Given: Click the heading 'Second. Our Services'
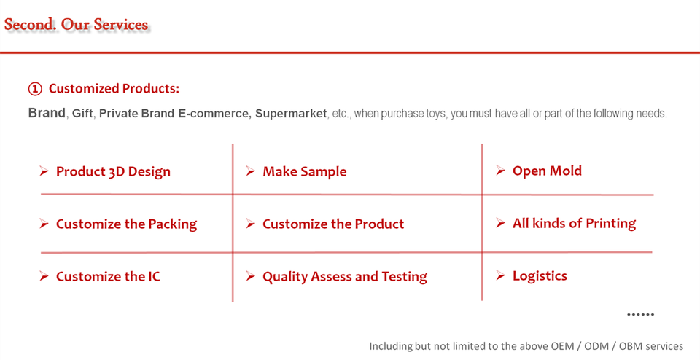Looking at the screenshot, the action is [x=77, y=25].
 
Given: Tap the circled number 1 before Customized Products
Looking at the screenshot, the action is [x=35, y=89].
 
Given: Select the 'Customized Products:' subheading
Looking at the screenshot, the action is [x=114, y=88].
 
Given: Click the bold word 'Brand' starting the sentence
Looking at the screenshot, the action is [x=47, y=113].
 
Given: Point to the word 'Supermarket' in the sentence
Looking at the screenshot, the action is [x=291, y=113].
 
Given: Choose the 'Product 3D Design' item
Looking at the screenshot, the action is [x=114, y=172].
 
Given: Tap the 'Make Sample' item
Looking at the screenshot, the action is [x=305, y=171].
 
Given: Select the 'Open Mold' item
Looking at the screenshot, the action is [x=547, y=171].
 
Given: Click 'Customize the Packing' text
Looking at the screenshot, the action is [x=126, y=224].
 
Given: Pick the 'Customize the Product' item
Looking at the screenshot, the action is [x=333, y=224].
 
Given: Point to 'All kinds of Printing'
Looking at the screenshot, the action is [x=574, y=223].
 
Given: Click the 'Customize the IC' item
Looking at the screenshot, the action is [x=108, y=277].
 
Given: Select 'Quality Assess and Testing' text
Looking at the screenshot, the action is [x=345, y=277].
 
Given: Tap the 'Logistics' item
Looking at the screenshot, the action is [x=540, y=275].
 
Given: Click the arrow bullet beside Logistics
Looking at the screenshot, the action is [x=500, y=276].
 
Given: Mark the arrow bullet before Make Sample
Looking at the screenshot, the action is [x=250, y=171].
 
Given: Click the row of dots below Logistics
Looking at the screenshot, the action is [x=641, y=315].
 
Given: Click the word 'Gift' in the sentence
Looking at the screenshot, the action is [x=82, y=113].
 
